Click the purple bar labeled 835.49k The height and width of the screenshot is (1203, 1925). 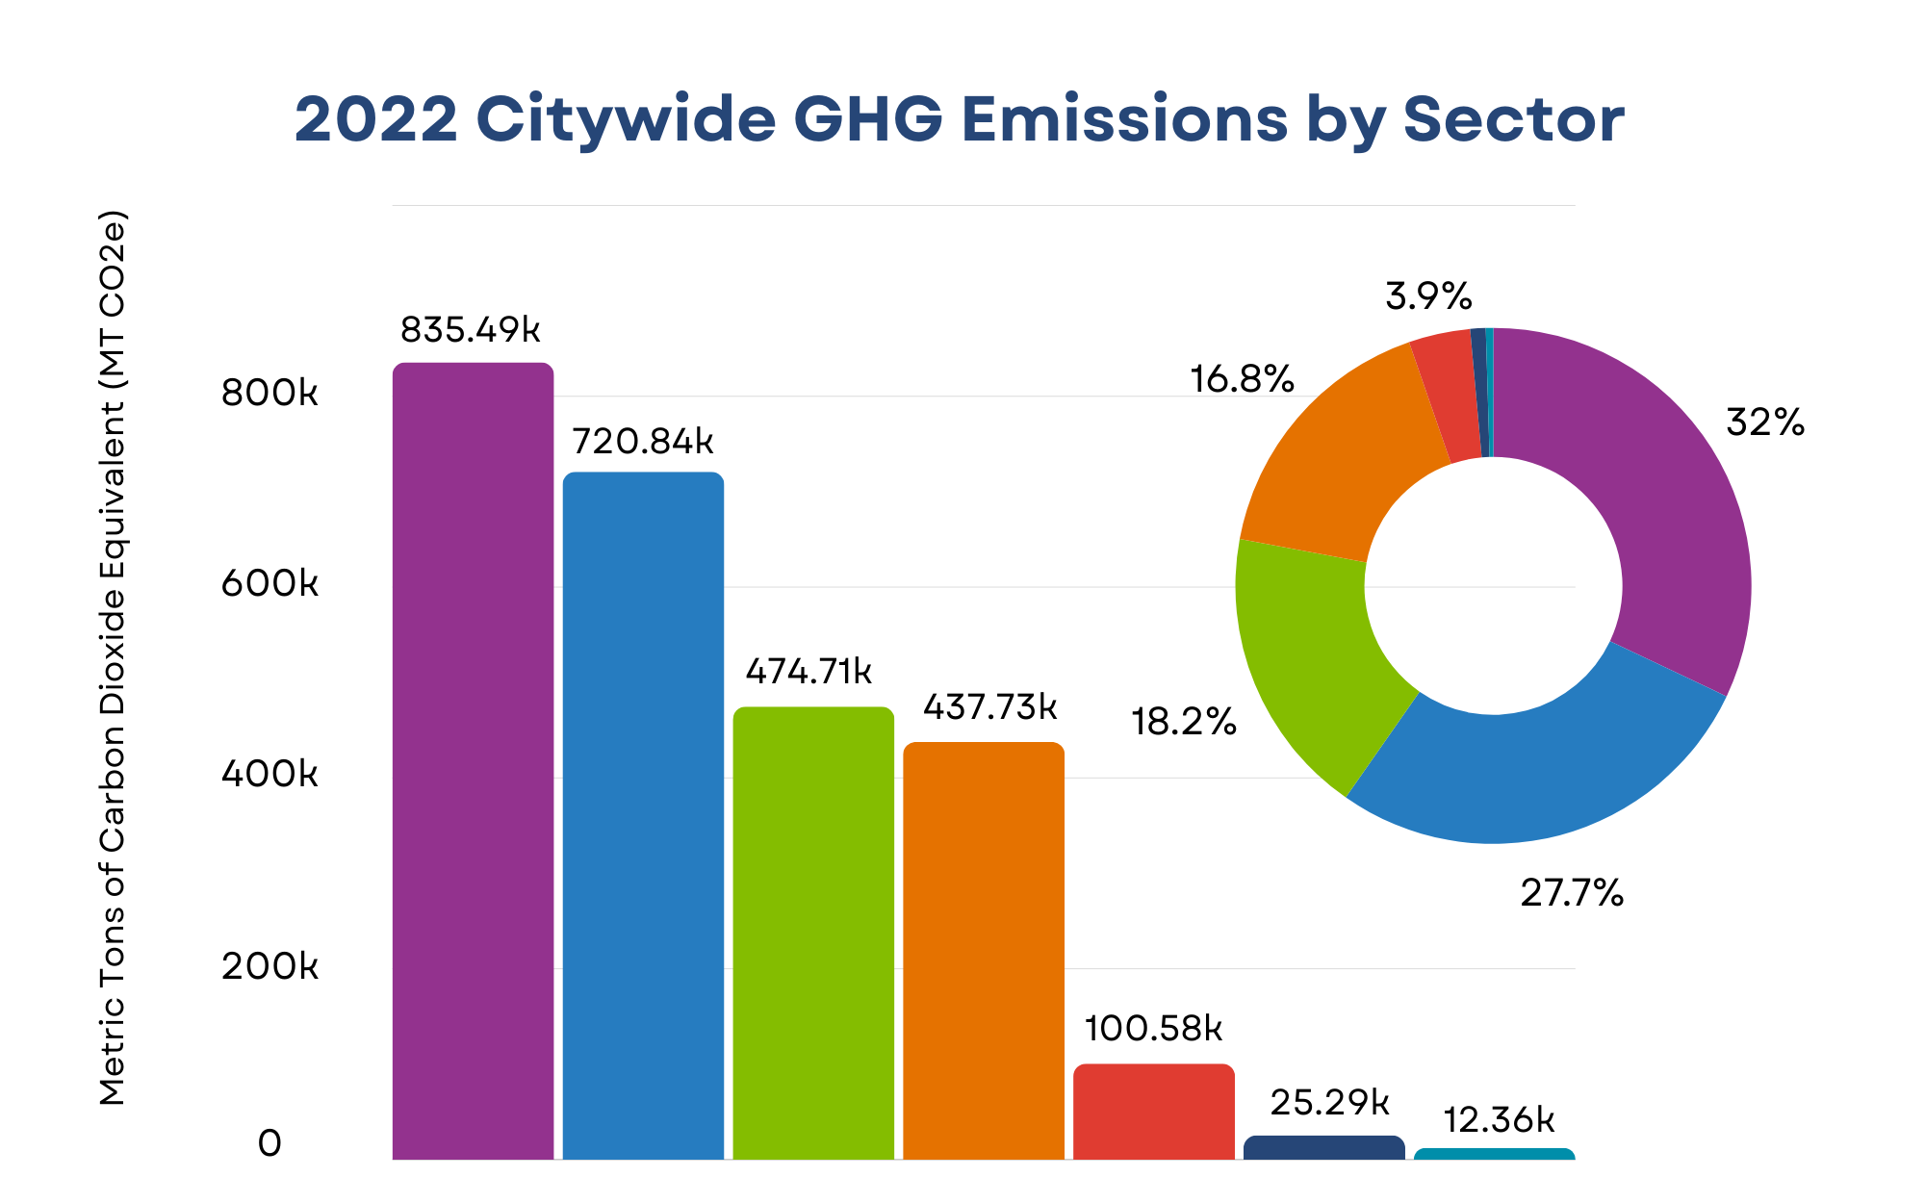point(473,760)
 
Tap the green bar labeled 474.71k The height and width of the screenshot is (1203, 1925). point(813,933)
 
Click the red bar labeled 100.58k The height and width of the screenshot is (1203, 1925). point(1154,1112)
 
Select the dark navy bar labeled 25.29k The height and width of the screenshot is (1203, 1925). point(1323,1148)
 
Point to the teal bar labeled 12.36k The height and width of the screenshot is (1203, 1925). point(1494,1154)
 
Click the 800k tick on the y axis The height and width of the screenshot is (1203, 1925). point(269,393)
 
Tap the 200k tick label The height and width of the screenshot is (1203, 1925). point(269,966)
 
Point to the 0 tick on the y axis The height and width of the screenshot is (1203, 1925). point(269,1143)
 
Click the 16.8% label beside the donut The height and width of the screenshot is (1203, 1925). point(1242,379)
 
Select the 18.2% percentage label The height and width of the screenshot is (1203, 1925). point(1183,722)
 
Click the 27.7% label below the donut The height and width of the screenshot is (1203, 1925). point(1572,894)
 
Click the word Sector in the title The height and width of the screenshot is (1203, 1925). point(1513,119)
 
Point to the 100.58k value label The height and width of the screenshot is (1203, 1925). point(1153,1029)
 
